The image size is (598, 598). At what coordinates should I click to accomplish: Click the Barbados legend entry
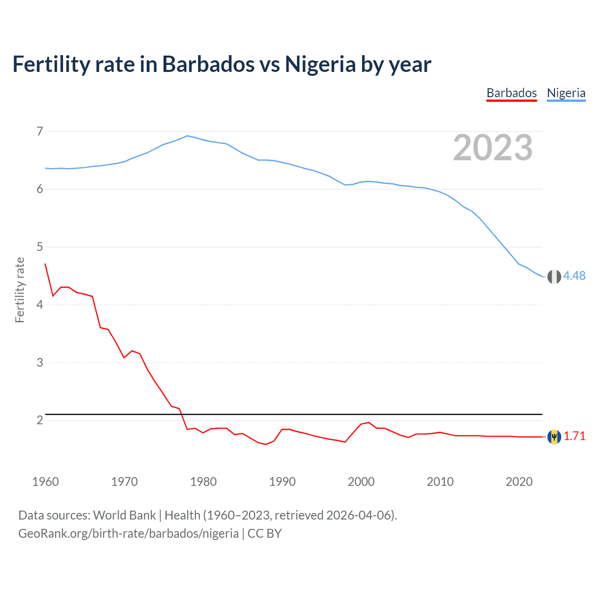(512, 93)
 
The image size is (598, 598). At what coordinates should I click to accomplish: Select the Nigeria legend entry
(566, 93)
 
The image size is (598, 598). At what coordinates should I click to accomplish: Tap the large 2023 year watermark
(492, 148)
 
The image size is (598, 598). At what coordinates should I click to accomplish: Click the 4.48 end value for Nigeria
(574, 276)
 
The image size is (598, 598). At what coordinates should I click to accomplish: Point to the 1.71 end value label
(574, 436)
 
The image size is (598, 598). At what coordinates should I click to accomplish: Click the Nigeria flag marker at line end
(554, 277)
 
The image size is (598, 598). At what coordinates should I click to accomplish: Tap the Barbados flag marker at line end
(554, 437)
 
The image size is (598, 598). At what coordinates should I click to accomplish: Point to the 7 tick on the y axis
(40, 131)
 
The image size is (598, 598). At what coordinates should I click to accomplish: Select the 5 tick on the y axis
(40, 247)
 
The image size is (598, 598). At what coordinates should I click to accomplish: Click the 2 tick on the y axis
(40, 420)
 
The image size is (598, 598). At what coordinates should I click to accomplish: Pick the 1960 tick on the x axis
(45, 482)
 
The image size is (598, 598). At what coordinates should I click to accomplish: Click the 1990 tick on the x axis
(282, 482)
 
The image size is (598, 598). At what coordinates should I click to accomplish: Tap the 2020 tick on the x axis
(519, 482)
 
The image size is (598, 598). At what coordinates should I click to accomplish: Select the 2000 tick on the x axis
(361, 482)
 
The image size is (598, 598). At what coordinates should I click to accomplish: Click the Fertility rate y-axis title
(20, 290)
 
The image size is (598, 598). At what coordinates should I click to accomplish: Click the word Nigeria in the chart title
(320, 64)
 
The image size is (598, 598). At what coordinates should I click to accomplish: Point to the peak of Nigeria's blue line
(187, 136)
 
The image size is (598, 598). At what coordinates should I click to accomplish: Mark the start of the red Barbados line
(45, 264)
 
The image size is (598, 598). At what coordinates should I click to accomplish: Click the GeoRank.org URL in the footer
(128, 534)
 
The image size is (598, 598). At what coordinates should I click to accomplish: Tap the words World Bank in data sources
(124, 515)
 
